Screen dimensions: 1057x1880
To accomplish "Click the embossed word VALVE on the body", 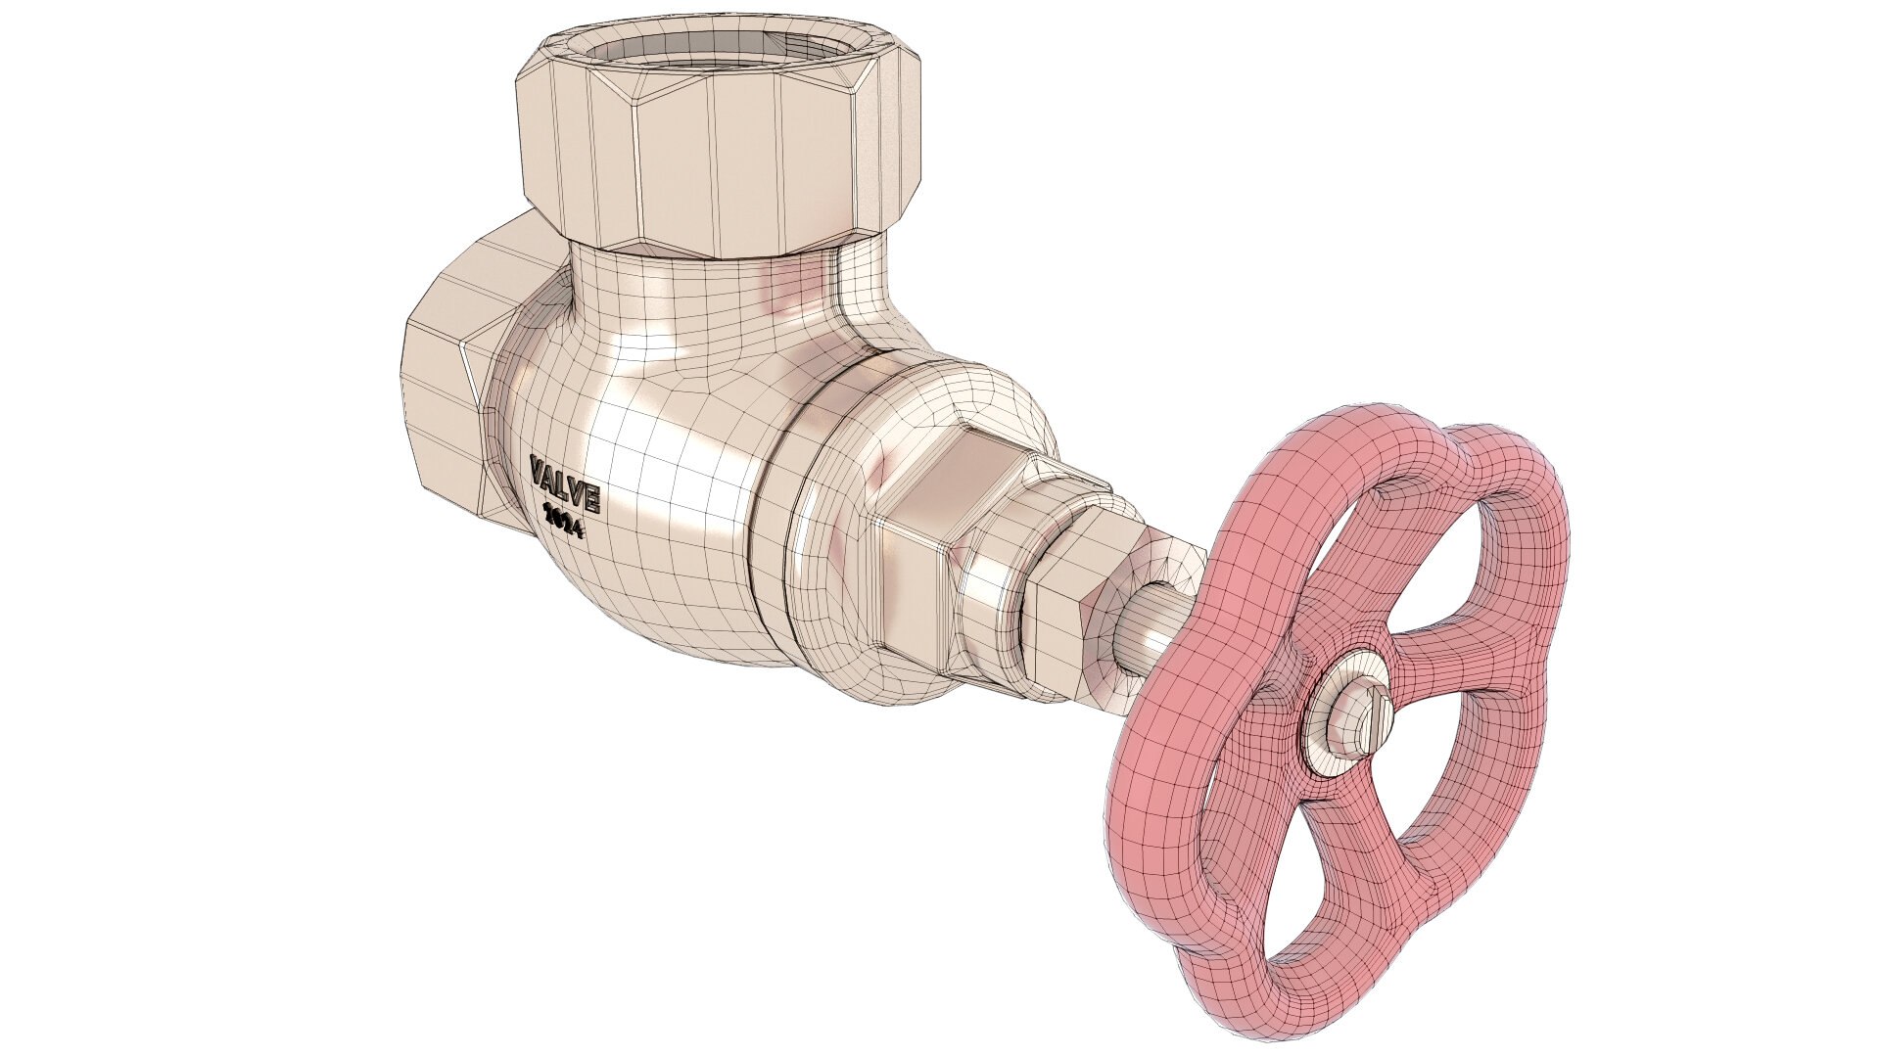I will (x=565, y=483).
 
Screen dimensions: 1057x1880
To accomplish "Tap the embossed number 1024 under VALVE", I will (x=564, y=522).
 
